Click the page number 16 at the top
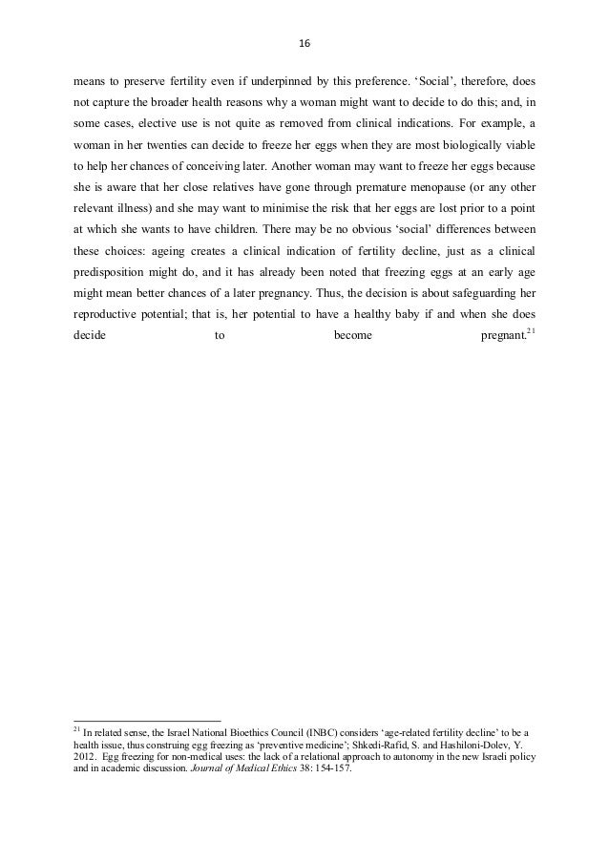click(305, 44)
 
